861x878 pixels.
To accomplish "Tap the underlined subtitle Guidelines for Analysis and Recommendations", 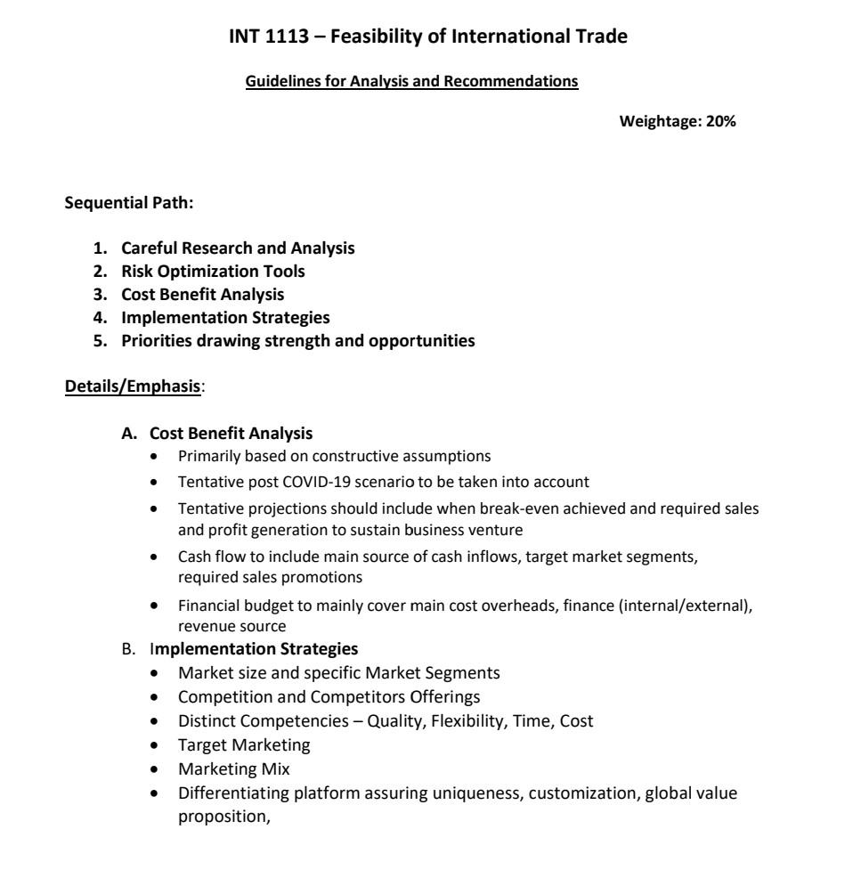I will click(x=411, y=82).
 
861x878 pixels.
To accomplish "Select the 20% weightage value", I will click(x=721, y=122).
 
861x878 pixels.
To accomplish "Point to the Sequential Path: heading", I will click(x=129, y=202).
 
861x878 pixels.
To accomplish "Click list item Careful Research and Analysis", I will click(x=238, y=248).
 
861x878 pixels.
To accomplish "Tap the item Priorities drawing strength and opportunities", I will click(x=297, y=340).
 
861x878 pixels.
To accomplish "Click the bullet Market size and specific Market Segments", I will click(x=327, y=672).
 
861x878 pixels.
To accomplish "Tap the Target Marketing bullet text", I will click(x=238, y=744).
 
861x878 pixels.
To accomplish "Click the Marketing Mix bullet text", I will click(x=227, y=768).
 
